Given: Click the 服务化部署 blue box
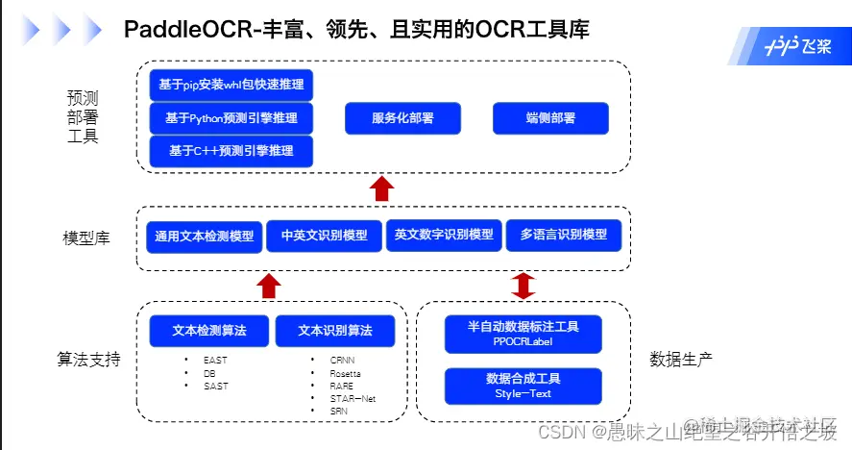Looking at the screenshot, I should [x=402, y=118].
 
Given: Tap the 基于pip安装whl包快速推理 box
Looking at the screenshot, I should [x=231, y=85].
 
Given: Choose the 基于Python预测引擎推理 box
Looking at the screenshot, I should [x=231, y=118].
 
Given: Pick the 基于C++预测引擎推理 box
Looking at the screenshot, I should [x=231, y=151].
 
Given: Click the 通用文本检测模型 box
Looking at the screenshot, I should [x=205, y=236].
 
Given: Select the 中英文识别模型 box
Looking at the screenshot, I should [x=324, y=236].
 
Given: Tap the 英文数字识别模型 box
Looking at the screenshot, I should [x=444, y=236].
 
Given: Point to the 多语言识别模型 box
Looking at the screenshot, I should [x=564, y=236].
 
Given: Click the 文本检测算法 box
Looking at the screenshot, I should [x=208, y=331].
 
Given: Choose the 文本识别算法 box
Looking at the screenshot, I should [x=334, y=331].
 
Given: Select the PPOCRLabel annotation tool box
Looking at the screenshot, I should [x=523, y=333].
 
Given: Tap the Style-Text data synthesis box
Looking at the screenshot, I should [x=523, y=386].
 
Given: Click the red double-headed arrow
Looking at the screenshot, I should [x=523, y=286].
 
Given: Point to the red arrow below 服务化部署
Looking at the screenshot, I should [x=382, y=187].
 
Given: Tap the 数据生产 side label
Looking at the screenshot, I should [x=681, y=360].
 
